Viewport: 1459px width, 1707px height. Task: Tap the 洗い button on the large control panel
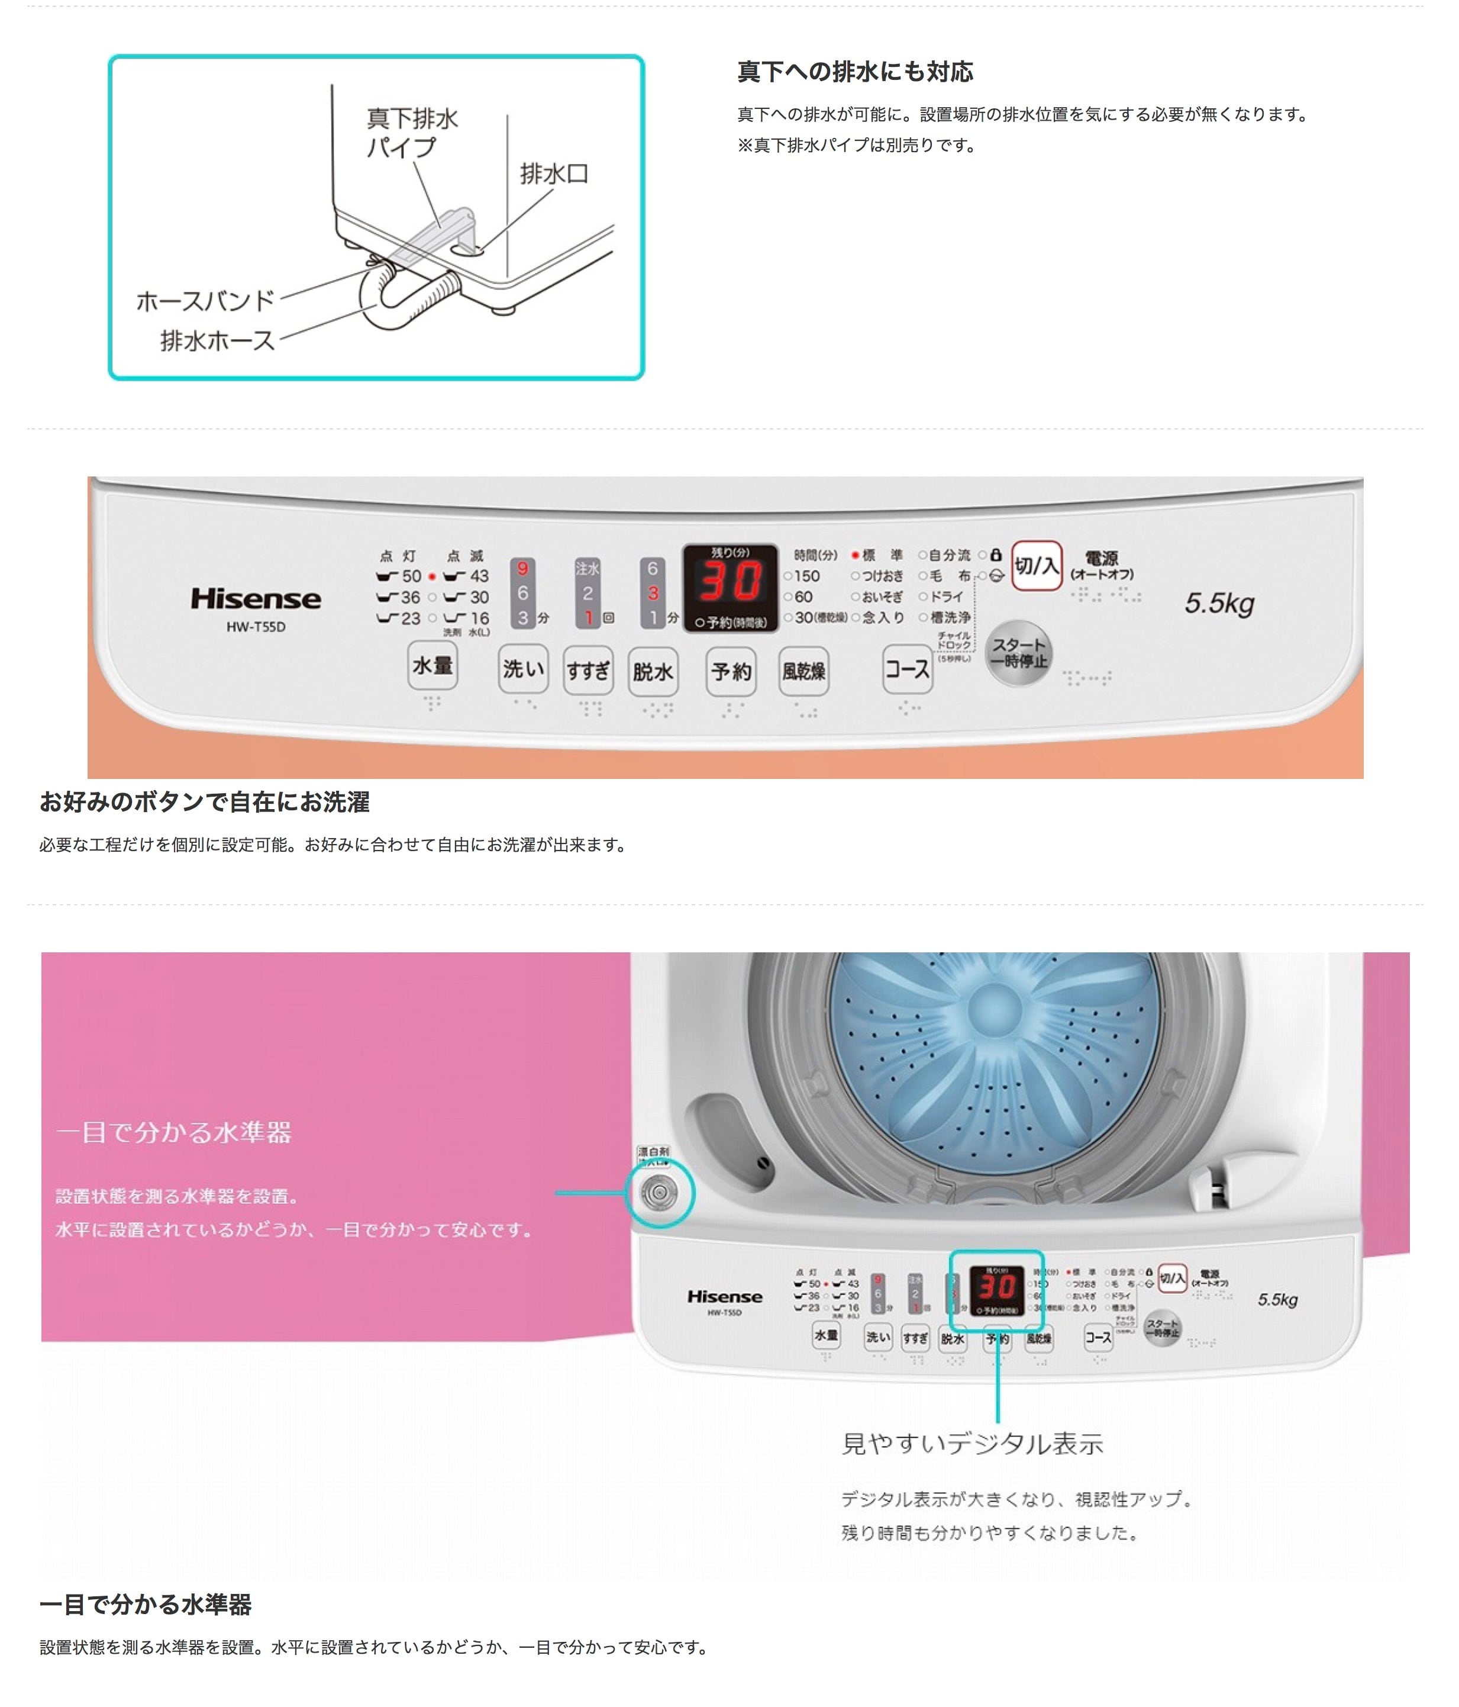pos(523,669)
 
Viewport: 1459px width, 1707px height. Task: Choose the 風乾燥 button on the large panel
pos(803,671)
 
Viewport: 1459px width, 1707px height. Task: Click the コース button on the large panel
pos(906,669)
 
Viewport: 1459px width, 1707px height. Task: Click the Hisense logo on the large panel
pos(256,599)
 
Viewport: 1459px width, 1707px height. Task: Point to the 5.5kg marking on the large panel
pos(1219,603)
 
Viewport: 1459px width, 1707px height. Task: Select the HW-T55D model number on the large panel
pos(256,627)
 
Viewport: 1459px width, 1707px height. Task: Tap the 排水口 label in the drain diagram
pos(553,174)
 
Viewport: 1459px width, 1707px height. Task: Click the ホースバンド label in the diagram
pos(205,301)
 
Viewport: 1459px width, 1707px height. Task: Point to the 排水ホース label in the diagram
pos(217,340)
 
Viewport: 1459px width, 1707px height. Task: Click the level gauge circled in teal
pos(660,1192)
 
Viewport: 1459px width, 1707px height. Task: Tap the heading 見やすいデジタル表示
pos(971,1444)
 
